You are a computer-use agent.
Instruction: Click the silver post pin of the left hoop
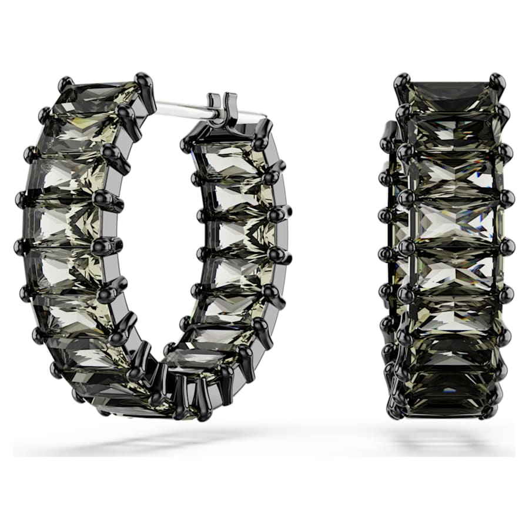click(182, 108)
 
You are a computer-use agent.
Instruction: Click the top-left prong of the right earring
click(402, 81)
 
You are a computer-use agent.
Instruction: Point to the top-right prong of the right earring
click(497, 81)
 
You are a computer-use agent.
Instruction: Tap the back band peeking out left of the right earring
click(389, 235)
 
